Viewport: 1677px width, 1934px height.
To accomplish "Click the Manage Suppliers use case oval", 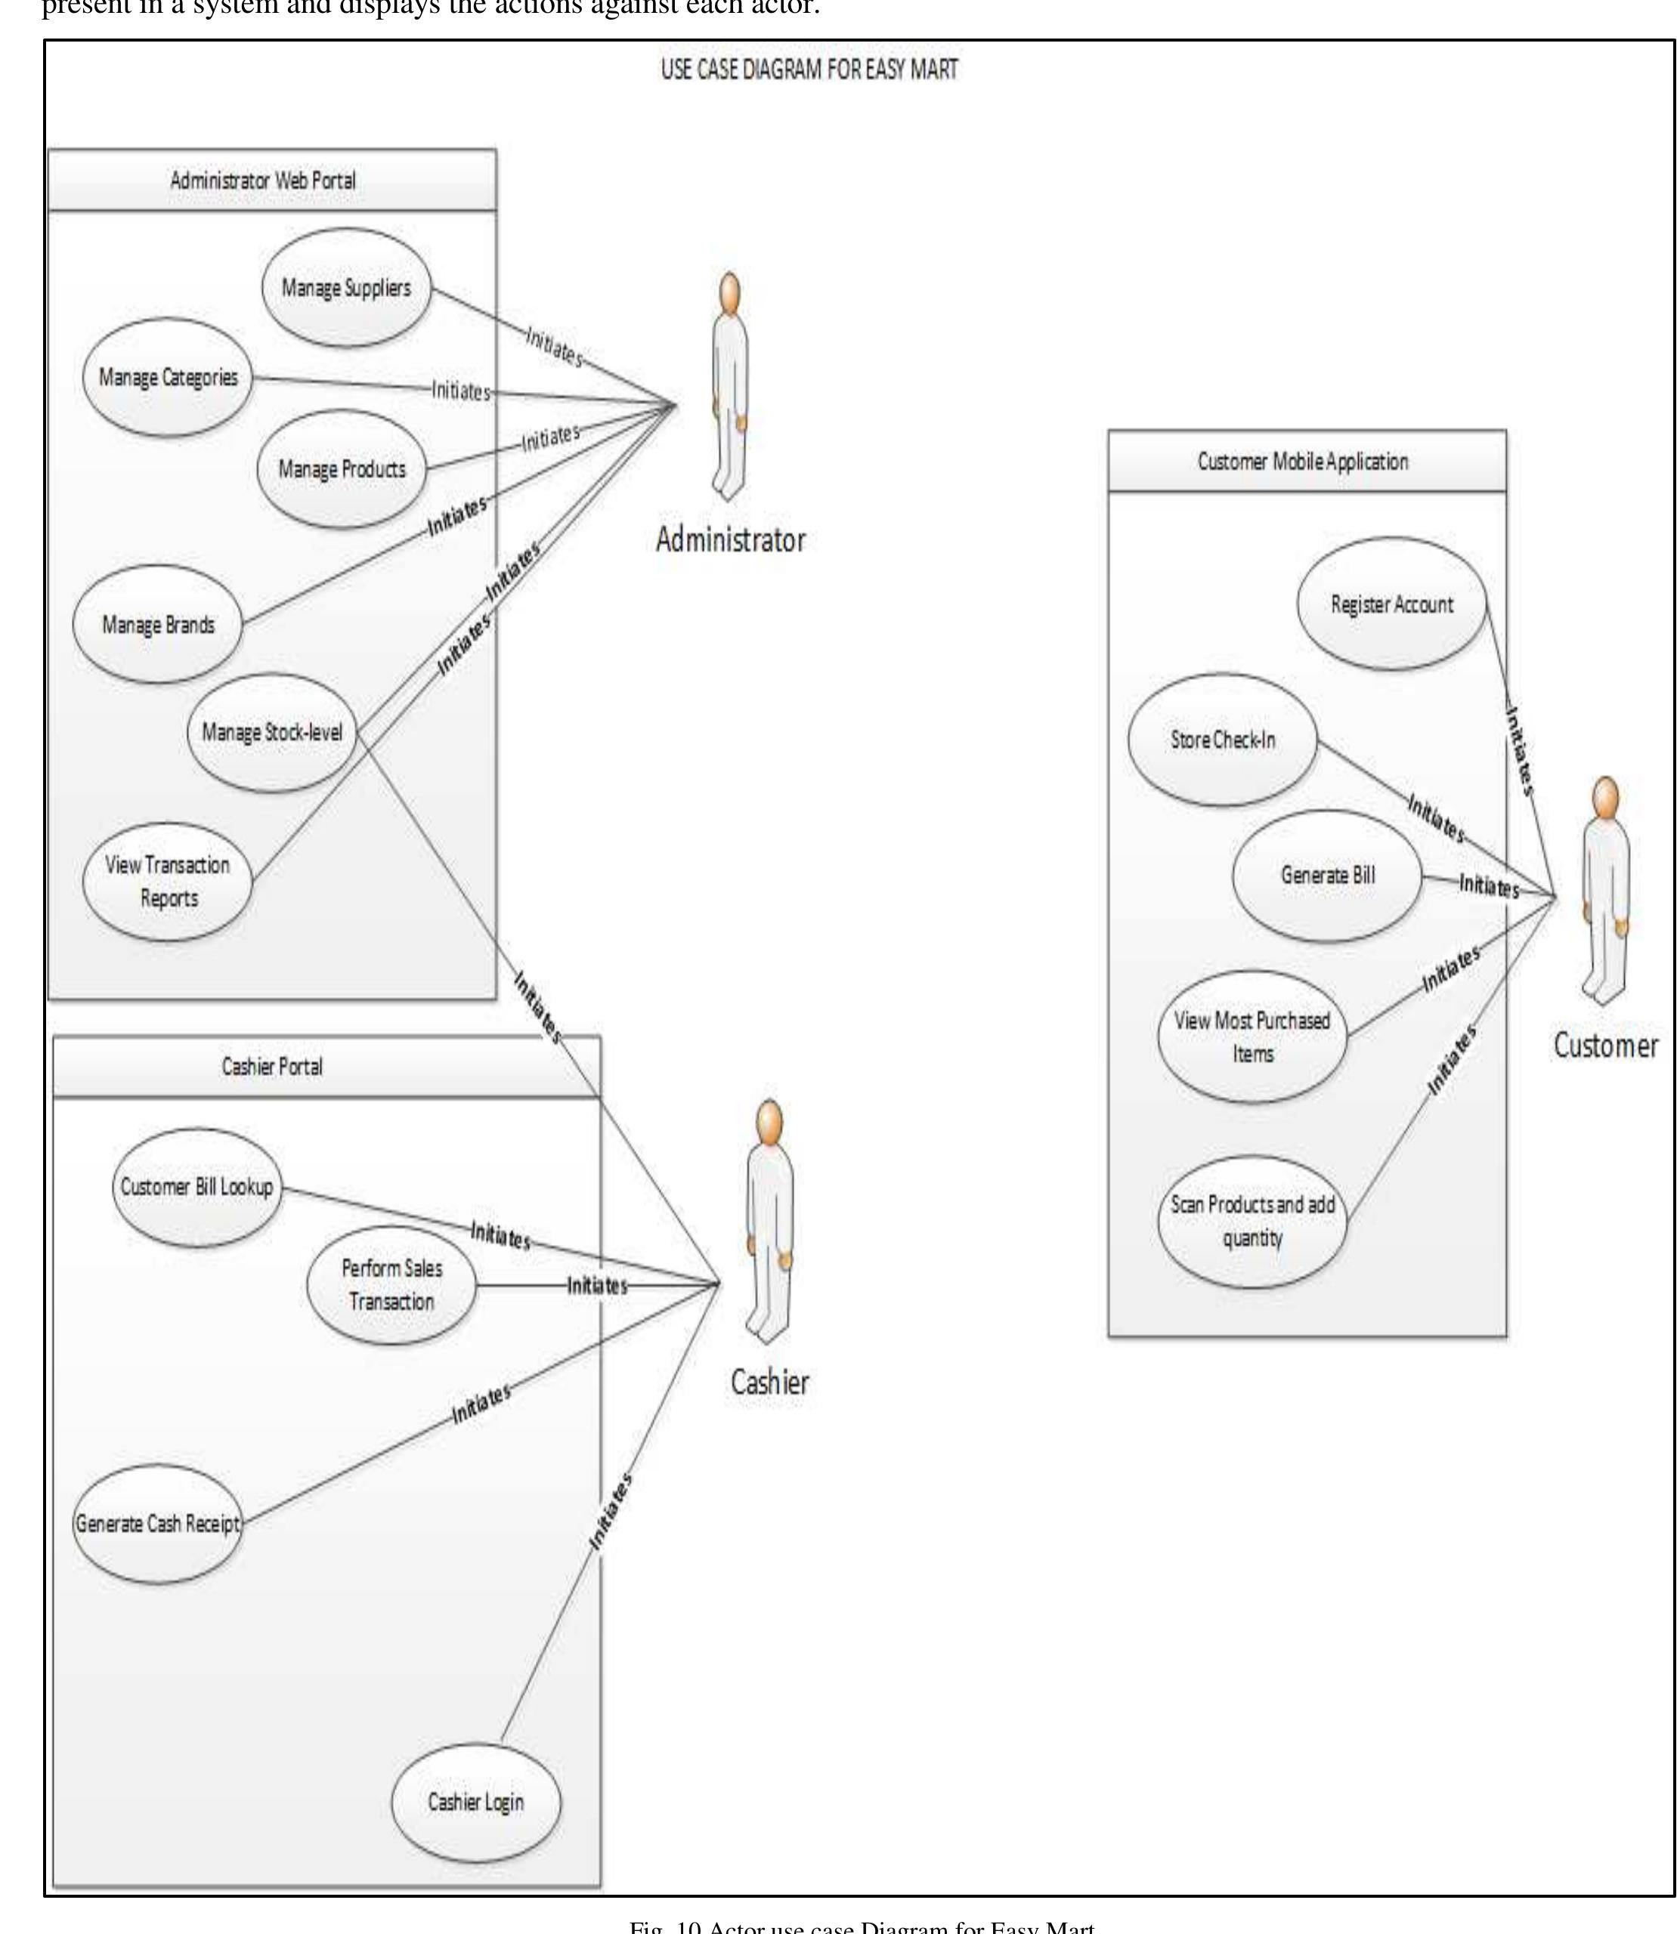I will click(346, 287).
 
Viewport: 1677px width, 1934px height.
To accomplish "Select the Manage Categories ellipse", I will click(168, 377).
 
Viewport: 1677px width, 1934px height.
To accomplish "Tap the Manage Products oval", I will click(342, 468).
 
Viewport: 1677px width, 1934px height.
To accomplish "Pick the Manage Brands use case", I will click(157, 624).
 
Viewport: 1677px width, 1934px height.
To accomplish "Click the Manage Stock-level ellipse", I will click(271, 733).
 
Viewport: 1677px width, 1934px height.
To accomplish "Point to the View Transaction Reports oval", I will click(168, 882).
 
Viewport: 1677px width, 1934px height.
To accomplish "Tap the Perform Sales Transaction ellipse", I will click(391, 1284).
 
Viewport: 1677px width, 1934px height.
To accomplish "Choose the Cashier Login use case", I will click(475, 1801).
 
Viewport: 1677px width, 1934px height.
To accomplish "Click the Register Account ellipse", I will click(1391, 604).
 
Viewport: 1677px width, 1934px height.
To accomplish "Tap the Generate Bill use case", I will click(1327, 876).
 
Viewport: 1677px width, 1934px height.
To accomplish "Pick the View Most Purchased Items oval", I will click(1252, 1037).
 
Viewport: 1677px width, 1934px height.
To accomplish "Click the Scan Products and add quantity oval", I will click(1252, 1221).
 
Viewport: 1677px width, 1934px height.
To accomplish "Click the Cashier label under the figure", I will click(769, 1382).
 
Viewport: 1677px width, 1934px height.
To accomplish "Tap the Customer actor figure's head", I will click(1606, 798).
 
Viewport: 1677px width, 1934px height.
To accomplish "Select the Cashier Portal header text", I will click(271, 1067).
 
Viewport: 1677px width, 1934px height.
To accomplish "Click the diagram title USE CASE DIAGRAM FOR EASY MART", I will click(809, 70).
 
